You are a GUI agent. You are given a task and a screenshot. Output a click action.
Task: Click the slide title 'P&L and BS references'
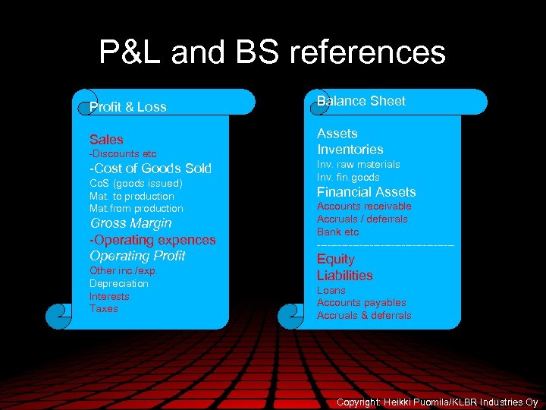click(x=272, y=53)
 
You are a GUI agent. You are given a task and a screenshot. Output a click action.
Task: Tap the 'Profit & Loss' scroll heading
click(x=127, y=107)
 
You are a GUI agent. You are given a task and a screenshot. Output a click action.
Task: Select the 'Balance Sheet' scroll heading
click(x=361, y=101)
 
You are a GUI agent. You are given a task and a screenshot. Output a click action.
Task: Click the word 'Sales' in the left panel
click(x=106, y=140)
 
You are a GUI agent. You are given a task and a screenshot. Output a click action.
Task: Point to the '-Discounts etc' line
click(x=123, y=154)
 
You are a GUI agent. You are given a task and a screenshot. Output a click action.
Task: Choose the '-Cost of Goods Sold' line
click(x=150, y=169)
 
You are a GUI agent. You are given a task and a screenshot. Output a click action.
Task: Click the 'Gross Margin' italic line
click(x=130, y=223)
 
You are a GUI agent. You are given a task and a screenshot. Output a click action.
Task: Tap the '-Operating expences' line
click(x=152, y=240)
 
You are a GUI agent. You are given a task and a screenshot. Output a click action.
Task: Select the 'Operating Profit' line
click(x=137, y=256)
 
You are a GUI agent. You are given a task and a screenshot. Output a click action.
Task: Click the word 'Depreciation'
click(x=119, y=283)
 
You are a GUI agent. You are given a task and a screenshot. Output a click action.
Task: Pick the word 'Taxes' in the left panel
click(x=104, y=309)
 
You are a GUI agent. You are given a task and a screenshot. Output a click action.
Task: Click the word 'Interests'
click(x=109, y=296)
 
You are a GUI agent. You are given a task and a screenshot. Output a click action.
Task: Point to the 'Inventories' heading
click(x=350, y=150)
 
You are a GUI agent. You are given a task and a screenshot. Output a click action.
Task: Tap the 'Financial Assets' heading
click(x=366, y=192)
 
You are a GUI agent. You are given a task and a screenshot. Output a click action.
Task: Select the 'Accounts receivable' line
click(x=364, y=207)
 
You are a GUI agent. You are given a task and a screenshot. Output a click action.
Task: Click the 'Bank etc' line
click(x=338, y=232)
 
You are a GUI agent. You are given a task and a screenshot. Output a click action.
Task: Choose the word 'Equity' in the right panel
click(x=335, y=259)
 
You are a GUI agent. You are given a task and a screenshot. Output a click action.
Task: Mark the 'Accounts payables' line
click(x=361, y=303)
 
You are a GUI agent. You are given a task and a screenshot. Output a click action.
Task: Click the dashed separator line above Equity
click(x=385, y=245)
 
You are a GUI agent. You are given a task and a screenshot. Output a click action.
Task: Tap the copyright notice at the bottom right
click(x=438, y=402)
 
